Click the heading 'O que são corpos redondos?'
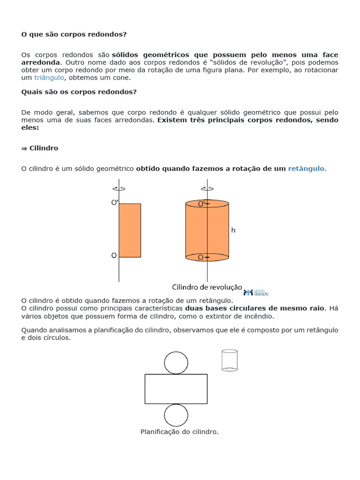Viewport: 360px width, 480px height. [74, 34]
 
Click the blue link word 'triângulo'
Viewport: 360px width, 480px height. [49, 77]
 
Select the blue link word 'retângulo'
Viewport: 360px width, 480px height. [306, 168]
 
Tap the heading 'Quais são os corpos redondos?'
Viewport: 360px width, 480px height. [79, 91]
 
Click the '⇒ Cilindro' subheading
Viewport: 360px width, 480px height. [40, 148]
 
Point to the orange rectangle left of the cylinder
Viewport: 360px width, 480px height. [130, 230]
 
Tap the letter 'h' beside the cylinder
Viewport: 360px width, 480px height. [233, 230]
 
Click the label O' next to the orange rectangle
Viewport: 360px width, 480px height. [114, 202]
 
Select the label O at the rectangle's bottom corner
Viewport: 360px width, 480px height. [114, 255]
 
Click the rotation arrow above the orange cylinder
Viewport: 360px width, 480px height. [207, 188]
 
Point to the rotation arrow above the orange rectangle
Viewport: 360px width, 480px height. [119, 188]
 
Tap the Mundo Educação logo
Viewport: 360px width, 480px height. [255, 292]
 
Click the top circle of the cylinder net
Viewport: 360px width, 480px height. [176, 363]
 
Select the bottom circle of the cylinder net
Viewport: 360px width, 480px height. [176, 415]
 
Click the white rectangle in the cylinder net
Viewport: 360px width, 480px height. [176, 389]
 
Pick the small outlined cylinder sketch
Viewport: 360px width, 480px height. [229, 360]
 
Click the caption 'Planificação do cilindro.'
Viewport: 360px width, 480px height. [180, 432]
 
